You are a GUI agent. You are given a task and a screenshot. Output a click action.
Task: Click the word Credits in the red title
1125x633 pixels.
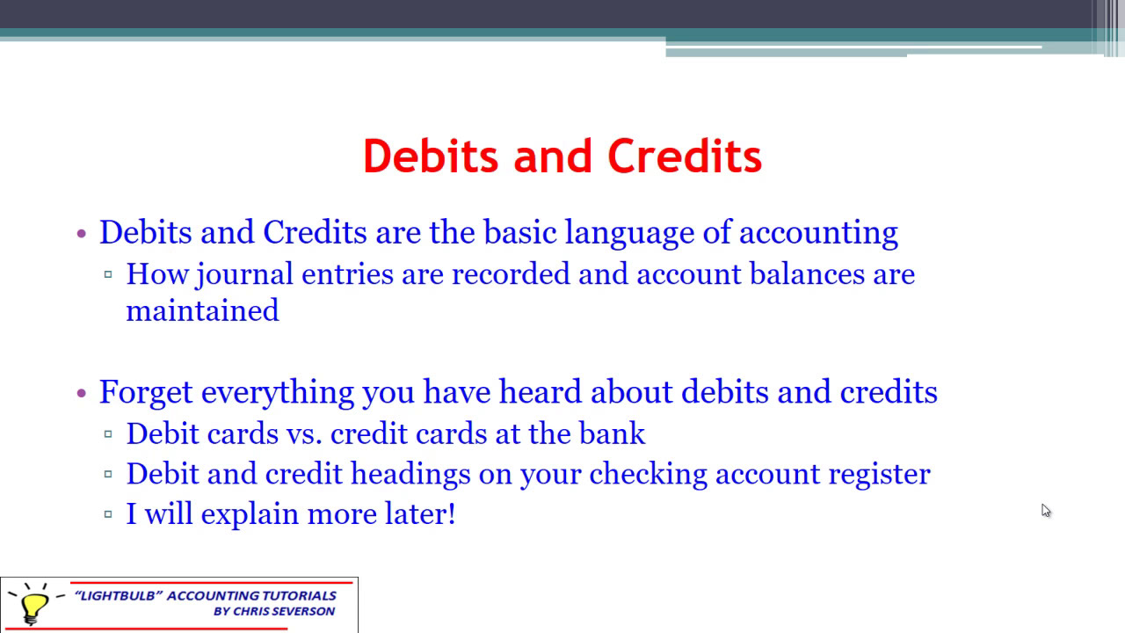coord(685,156)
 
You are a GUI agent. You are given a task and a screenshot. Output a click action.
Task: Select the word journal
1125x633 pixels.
coord(245,274)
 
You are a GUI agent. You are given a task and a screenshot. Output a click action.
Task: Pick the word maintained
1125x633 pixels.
coord(202,310)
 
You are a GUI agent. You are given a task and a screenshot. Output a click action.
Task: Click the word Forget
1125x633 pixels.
coord(146,392)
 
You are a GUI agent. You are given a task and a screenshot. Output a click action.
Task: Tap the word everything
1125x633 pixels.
coord(279,392)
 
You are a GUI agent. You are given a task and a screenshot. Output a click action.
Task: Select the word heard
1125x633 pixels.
coord(541,392)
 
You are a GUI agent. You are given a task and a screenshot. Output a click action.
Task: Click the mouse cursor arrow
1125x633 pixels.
coord(1045,510)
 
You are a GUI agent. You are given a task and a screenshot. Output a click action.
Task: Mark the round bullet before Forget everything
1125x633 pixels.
coord(82,393)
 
